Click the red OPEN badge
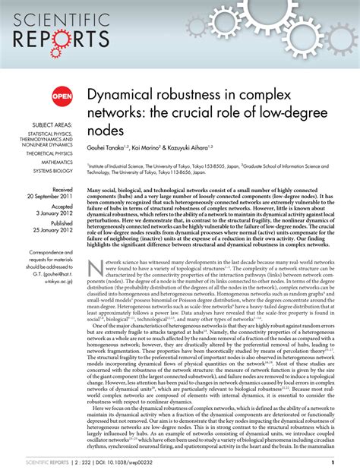click(x=61, y=95)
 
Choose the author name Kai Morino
click(x=164, y=149)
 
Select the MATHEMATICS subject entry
click(x=57, y=161)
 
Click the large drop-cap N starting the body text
click(x=96, y=267)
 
